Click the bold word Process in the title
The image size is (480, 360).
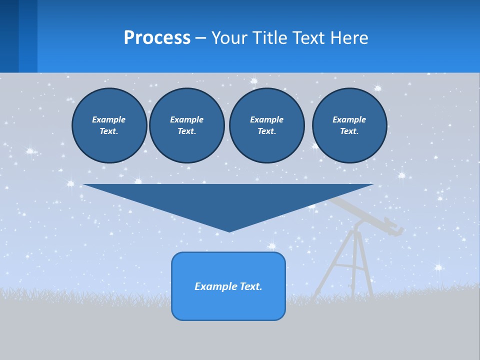[157, 38]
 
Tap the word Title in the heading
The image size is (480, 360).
[272, 38]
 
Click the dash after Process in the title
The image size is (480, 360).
[201, 38]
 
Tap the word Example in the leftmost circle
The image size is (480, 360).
[109, 119]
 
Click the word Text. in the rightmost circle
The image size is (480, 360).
[349, 131]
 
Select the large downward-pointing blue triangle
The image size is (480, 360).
[228, 200]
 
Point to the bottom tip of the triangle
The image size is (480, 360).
[229, 230]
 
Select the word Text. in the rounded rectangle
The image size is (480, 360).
[251, 286]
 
